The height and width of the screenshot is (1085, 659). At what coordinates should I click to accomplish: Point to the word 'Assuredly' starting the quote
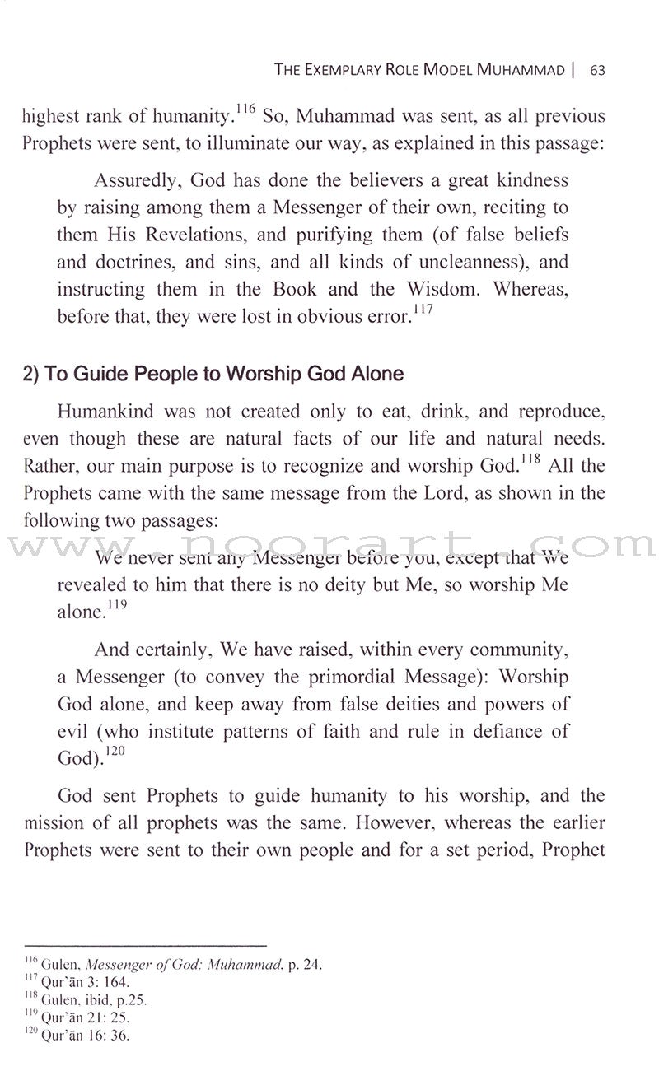pyautogui.click(x=134, y=180)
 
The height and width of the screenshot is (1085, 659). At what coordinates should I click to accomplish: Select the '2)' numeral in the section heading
pyautogui.click(x=31, y=374)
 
